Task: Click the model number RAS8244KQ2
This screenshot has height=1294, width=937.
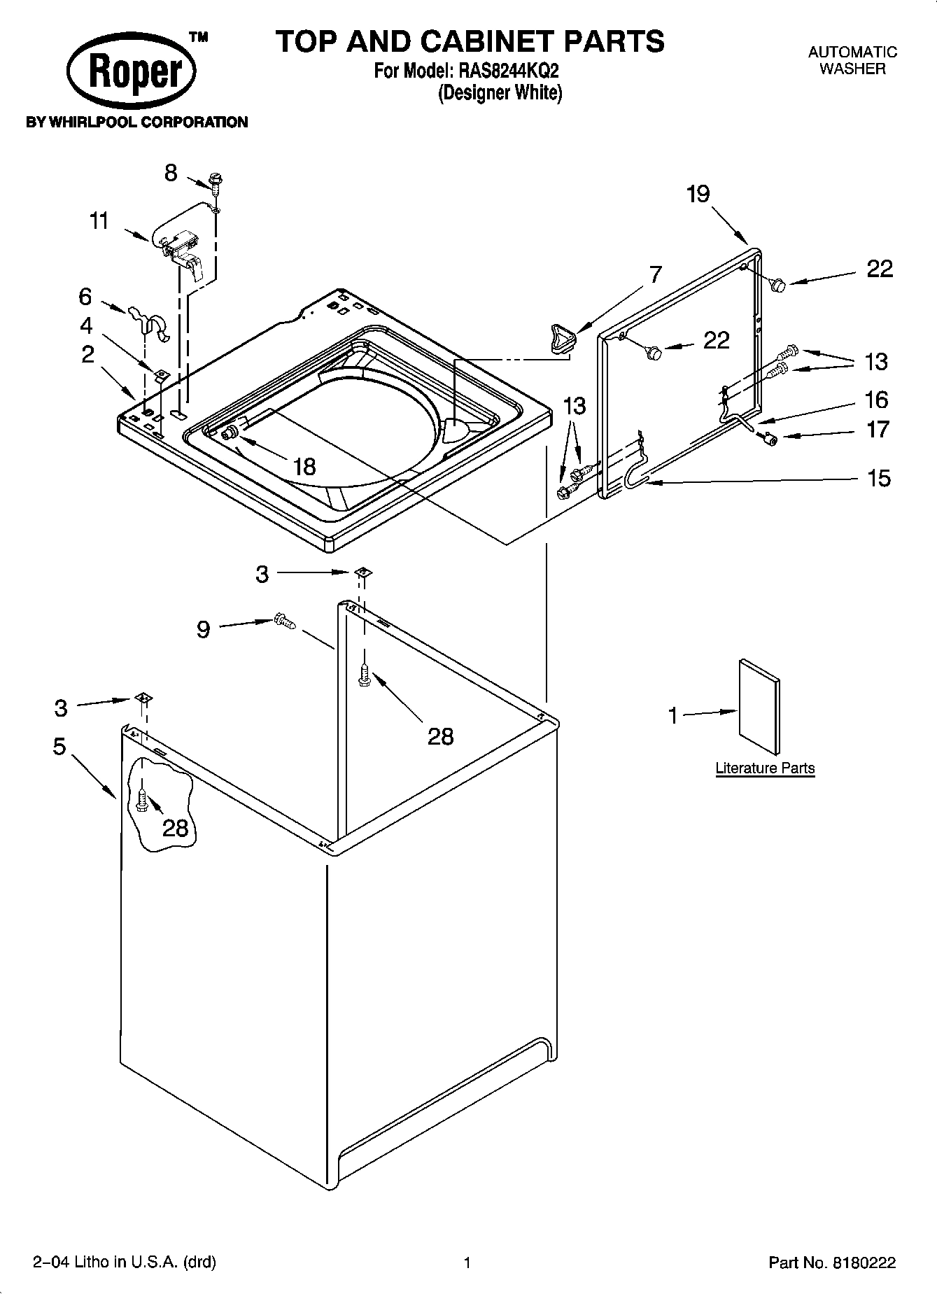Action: tap(508, 71)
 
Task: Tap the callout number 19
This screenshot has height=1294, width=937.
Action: tap(698, 194)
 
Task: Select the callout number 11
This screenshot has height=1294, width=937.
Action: tap(99, 221)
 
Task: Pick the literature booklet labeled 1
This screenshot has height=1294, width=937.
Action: tap(759, 708)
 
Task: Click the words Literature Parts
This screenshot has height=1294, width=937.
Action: tap(765, 768)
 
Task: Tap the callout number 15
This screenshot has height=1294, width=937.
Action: tap(879, 478)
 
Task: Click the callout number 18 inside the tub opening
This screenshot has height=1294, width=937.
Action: tap(304, 466)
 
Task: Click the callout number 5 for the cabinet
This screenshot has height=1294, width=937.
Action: tap(59, 747)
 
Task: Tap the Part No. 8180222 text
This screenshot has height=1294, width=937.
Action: tap(832, 1263)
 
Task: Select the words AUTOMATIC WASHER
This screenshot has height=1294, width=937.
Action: tap(852, 60)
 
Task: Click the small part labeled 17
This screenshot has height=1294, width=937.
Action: tap(770, 439)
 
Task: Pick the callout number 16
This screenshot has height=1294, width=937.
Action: tap(877, 400)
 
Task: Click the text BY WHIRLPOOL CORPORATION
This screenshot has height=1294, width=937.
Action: tap(136, 122)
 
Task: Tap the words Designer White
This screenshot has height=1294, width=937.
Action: tap(500, 92)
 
